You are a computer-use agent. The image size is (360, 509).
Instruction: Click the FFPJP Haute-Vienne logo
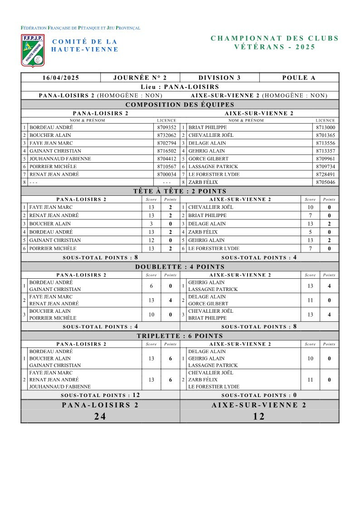click(x=33, y=49)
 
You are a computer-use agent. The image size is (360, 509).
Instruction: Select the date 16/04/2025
click(x=61, y=78)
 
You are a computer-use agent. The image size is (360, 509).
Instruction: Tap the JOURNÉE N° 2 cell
click(x=140, y=78)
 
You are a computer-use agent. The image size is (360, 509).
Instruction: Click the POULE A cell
click(x=299, y=78)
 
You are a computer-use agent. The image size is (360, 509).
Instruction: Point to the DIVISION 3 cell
click(x=219, y=78)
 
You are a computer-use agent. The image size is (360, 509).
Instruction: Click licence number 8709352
click(x=166, y=127)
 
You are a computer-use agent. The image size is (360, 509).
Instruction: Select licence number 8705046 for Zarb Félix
click(x=326, y=182)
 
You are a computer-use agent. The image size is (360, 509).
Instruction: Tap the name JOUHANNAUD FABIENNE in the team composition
click(x=60, y=159)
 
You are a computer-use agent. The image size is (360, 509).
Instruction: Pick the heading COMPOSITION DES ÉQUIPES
click(x=180, y=105)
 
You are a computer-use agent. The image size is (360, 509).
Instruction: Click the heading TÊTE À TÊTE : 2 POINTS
click(x=180, y=191)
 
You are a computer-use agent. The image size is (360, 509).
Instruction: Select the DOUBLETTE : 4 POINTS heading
click(x=180, y=267)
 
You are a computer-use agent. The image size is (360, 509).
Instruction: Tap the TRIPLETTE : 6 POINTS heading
click(x=180, y=336)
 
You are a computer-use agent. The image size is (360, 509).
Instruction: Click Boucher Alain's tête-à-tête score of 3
click(x=151, y=224)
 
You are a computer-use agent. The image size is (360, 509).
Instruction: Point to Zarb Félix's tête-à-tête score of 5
click(x=310, y=232)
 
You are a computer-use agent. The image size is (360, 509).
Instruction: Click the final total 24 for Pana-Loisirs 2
click(x=100, y=417)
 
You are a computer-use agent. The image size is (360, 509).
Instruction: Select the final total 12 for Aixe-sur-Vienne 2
click(x=259, y=417)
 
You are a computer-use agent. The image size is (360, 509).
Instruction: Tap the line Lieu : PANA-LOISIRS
click(x=180, y=87)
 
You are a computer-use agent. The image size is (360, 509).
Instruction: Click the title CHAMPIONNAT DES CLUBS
click(x=275, y=39)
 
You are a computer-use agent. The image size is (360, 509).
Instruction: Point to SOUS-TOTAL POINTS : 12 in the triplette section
click(x=100, y=395)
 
